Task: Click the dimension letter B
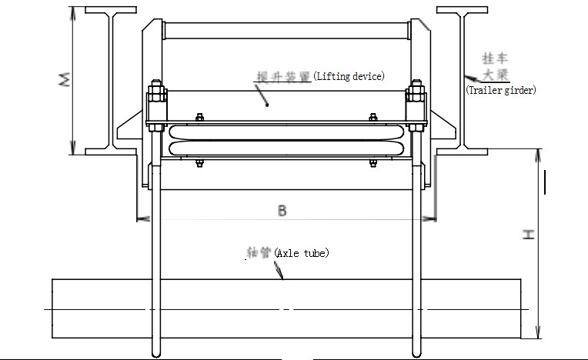(282, 211)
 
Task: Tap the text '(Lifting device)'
(348, 76)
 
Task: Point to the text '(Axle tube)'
(302, 252)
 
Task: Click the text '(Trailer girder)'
(501, 90)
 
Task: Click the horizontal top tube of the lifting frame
(286, 31)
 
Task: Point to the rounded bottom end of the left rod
(156, 353)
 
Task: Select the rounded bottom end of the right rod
(417, 353)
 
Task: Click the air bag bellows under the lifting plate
(286, 140)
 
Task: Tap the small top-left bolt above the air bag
(199, 118)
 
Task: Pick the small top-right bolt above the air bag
(373, 118)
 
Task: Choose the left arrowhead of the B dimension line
(139, 219)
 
